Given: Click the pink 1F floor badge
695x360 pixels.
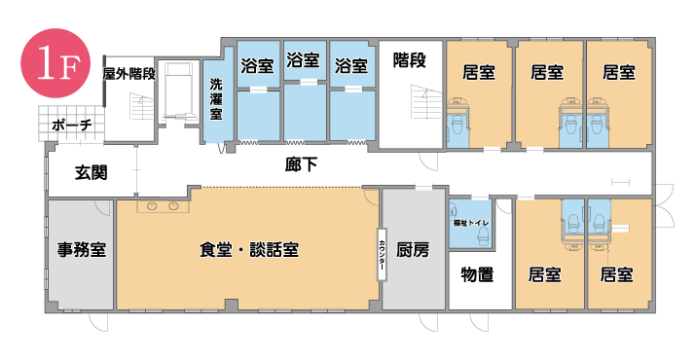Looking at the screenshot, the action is tap(50, 65).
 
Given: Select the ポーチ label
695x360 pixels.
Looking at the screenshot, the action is tap(74, 125).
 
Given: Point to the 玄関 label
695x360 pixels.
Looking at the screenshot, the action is tap(91, 173).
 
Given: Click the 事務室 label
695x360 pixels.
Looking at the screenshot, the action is tap(82, 249).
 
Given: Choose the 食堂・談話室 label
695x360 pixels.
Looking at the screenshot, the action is tap(248, 250).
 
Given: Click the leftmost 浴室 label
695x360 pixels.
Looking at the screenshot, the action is tap(257, 67).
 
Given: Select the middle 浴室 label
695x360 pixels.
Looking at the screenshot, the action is tap(304, 67).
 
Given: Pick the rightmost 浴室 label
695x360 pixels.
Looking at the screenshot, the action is tap(350, 67).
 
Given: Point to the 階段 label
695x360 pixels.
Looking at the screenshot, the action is tap(409, 62).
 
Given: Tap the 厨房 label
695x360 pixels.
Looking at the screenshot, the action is tap(413, 250).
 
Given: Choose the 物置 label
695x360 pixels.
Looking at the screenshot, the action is tap(477, 274).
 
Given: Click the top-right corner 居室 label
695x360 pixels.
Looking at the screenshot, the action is tap(619, 72).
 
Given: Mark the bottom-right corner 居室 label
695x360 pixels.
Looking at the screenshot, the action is tap(617, 273).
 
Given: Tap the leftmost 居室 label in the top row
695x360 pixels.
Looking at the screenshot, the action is tap(478, 72).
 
